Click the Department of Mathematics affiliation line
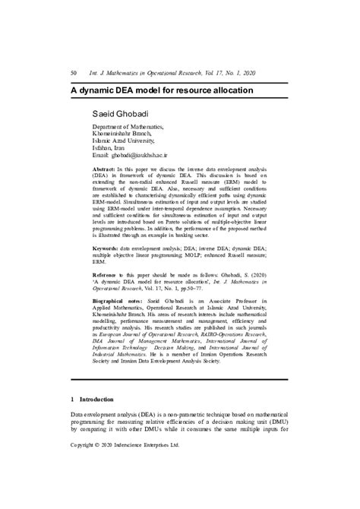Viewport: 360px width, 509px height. (x=127, y=127)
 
